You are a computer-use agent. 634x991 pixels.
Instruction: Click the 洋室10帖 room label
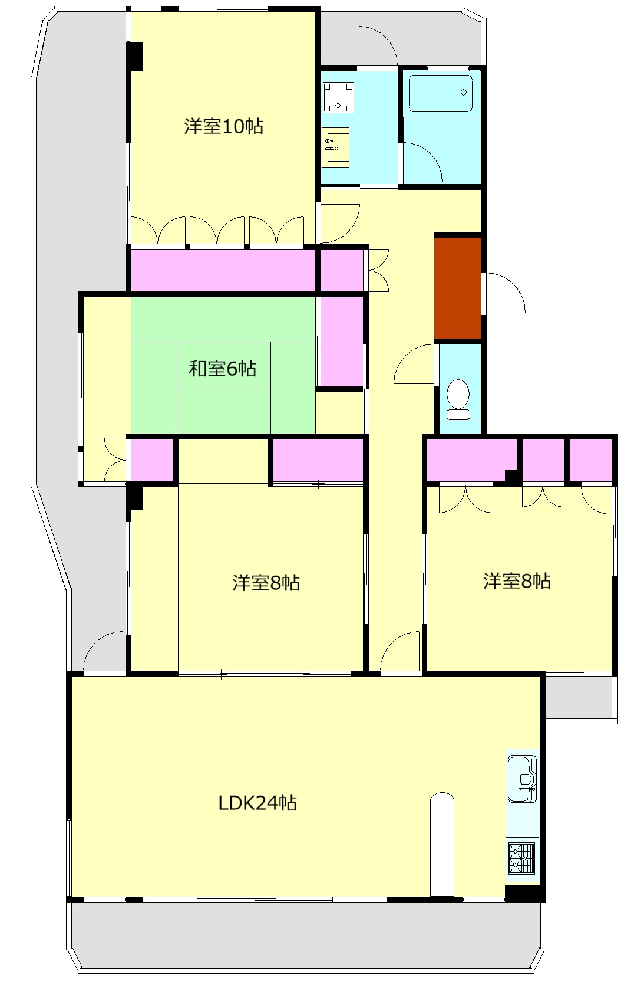tap(223, 126)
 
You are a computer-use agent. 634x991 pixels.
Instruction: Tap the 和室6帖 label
tap(222, 368)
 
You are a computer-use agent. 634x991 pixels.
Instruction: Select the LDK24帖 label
tap(257, 802)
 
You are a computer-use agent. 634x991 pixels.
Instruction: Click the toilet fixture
tap(458, 399)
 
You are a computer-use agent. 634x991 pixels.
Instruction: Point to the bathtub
tap(441, 93)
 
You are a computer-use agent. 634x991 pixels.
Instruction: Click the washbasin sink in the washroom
tap(335, 147)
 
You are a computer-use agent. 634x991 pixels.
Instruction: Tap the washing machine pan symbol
tap(338, 97)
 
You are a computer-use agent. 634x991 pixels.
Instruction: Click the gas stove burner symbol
tap(521, 858)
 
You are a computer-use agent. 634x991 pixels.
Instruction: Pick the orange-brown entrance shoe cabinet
tap(457, 288)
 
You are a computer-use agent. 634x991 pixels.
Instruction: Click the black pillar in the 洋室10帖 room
tap(135, 56)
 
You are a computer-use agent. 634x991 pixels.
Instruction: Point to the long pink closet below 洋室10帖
tap(223, 270)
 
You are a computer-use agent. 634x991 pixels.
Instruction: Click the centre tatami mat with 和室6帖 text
tap(223, 366)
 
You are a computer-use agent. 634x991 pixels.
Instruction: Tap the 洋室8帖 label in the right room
tap(517, 581)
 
